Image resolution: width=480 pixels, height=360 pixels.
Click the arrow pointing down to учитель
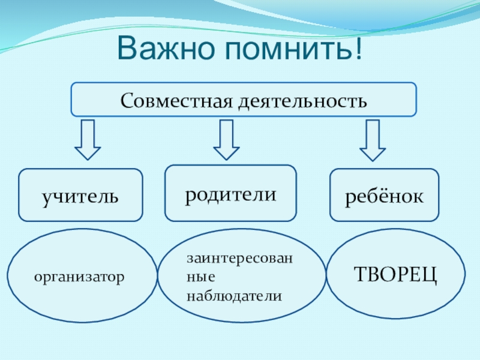coord(88,140)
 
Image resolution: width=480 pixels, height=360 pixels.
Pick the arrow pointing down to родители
coord(226,140)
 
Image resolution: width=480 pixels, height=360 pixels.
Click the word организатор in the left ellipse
coord(79,277)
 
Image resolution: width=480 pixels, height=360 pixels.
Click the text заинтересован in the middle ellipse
coord(238,258)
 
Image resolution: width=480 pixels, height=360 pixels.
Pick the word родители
coord(230,194)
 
